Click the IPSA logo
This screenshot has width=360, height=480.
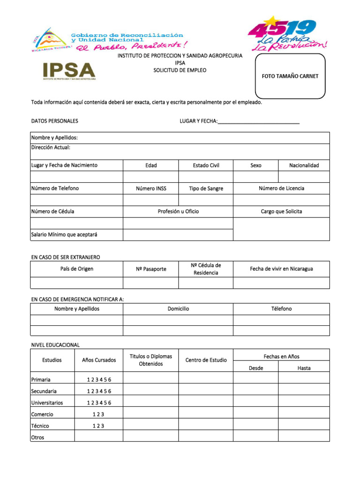tap(69, 71)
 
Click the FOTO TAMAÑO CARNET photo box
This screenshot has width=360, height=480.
tap(290, 76)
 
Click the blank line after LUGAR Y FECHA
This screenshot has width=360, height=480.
tap(259, 122)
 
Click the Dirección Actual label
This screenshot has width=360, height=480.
tap(51, 148)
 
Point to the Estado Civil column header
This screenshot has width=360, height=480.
tap(206, 165)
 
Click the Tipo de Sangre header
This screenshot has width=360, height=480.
tap(206, 188)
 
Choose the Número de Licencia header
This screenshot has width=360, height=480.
tap(281, 188)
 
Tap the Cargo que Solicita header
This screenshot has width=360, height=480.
tap(281, 211)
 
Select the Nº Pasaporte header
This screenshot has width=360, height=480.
tap(151, 269)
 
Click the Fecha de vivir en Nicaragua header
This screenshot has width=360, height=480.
tap(281, 269)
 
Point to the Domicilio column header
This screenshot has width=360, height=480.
tap(178, 309)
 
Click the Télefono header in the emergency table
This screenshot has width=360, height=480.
tap(281, 309)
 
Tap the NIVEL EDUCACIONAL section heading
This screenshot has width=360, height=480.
tap(55, 345)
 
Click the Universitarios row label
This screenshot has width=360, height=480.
tap(47, 403)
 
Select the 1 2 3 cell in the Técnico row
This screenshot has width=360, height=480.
tap(98, 426)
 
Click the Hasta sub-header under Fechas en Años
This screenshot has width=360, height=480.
tap(304, 368)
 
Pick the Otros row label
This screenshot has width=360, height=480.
tap(38, 437)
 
